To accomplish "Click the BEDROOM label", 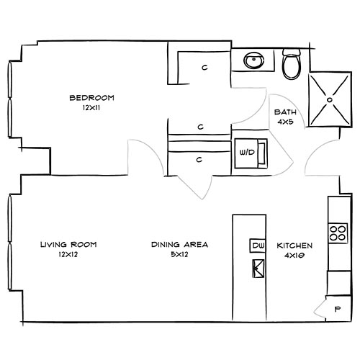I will coord(91,98).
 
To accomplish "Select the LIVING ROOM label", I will coord(68,245).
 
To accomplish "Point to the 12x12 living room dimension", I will coord(68,255).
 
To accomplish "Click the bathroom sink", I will coord(254,60).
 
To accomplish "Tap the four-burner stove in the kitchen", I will coord(336,233).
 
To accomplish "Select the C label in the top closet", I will coord(204,68).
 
